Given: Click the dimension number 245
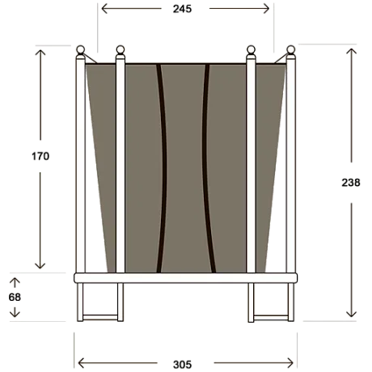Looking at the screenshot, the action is click(x=182, y=9).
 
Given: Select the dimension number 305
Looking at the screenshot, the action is click(x=182, y=365).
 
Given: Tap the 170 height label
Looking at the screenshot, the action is click(x=40, y=156).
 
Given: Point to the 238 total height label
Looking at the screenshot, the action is click(x=351, y=183).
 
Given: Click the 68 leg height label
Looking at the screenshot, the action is click(x=15, y=297).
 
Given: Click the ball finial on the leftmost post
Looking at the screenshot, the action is click(x=80, y=49).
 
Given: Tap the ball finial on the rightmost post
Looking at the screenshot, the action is click(x=291, y=49).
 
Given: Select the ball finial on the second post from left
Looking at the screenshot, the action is click(x=120, y=49).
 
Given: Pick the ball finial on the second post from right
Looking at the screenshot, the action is click(x=251, y=49).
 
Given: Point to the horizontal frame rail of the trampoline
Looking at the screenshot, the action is click(x=185, y=278).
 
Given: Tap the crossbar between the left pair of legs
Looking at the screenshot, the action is click(x=100, y=317).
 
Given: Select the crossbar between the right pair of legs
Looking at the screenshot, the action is click(x=271, y=317).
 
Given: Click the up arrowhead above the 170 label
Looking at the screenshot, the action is click(x=40, y=53).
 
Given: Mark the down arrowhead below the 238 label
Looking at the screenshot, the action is click(x=351, y=314).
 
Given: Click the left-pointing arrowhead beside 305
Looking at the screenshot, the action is click(x=81, y=363).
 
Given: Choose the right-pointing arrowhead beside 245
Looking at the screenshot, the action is click(x=266, y=9).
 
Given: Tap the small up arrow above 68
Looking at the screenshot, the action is click(x=15, y=282).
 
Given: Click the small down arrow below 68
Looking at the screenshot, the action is click(x=15, y=312).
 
